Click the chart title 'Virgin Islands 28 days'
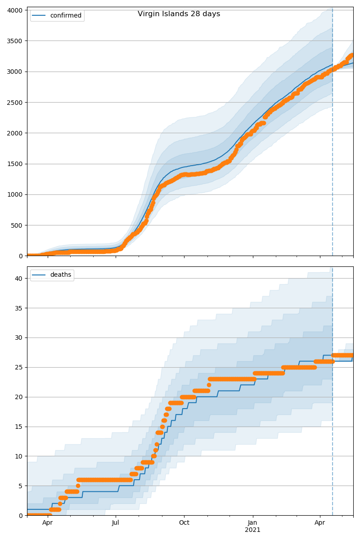[179, 14]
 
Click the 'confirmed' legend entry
[57, 16]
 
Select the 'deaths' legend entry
[52, 275]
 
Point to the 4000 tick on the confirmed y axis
[16, 10]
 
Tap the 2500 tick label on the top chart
[16, 102]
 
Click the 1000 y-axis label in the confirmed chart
[16, 194]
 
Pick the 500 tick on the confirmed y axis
[18, 225]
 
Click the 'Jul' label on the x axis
[116, 523]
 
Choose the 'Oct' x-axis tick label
[184, 523]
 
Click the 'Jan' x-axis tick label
[252, 523]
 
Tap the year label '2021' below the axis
[252, 530]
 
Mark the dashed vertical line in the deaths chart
[333, 405]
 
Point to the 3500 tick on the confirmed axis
[16, 40]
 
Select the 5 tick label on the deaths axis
[21, 486]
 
